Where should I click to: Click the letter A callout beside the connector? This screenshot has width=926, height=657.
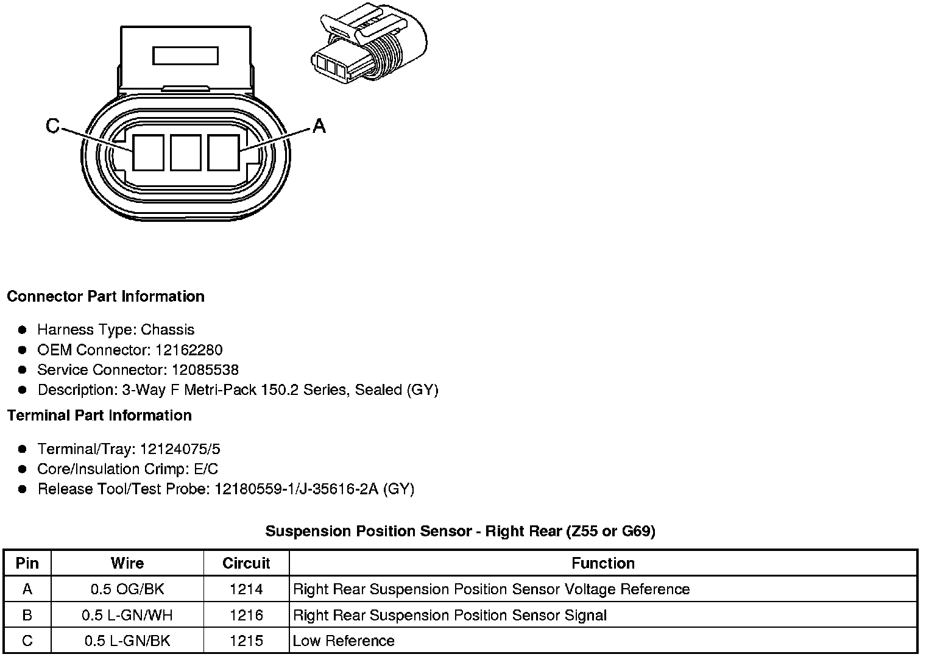tap(319, 126)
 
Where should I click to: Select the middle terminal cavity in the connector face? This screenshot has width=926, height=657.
tap(186, 152)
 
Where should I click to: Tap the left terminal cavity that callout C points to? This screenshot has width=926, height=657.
tap(149, 152)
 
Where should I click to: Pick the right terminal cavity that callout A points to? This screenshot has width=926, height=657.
tap(223, 152)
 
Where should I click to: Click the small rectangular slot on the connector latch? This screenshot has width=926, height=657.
tap(185, 56)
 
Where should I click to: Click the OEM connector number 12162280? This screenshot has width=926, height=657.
tap(189, 350)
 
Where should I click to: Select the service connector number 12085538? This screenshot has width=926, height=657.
tap(205, 370)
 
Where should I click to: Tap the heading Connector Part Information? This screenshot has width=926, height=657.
tap(105, 297)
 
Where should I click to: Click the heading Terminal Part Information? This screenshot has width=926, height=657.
tap(99, 416)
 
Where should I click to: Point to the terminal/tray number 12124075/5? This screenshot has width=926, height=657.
tap(180, 449)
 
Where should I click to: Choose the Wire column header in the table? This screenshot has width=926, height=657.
tap(127, 563)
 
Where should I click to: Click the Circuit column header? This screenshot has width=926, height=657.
tap(246, 563)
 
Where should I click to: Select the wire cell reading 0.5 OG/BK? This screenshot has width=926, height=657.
tap(127, 589)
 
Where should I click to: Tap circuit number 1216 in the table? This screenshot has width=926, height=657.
tap(246, 615)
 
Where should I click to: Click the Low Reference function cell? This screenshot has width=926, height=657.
tap(344, 641)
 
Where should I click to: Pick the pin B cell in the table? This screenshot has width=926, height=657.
tap(27, 615)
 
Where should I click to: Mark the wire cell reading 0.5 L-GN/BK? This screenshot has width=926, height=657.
tap(127, 641)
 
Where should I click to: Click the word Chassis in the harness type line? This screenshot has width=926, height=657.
tap(168, 330)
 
